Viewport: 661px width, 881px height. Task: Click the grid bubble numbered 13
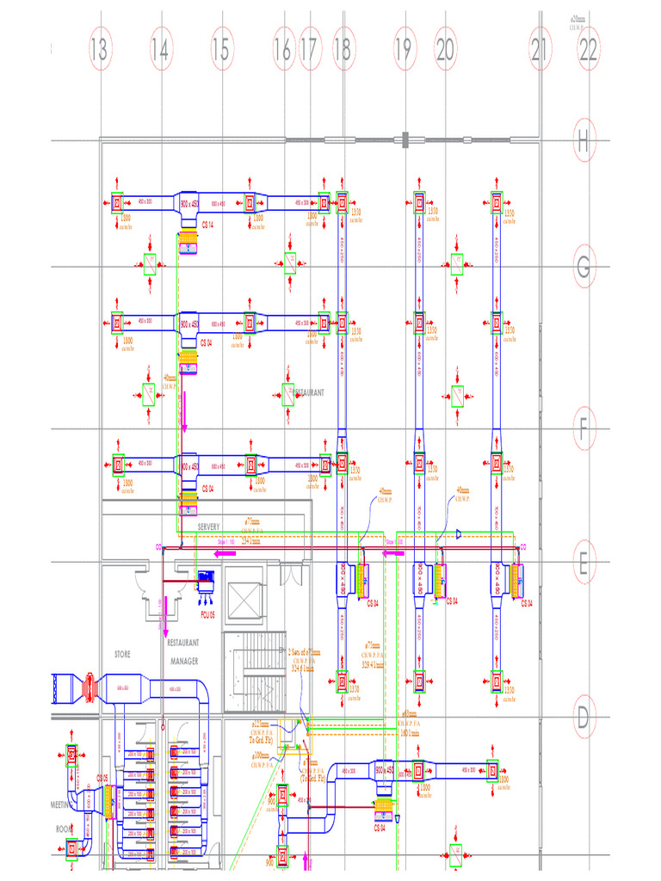click(99, 49)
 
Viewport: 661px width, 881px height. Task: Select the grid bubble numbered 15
click(221, 49)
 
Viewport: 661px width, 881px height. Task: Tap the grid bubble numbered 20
click(445, 49)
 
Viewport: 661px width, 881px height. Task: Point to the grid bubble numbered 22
click(588, 49)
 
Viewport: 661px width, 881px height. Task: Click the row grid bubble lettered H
click(584, 141)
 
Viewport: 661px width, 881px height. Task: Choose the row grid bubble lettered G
click(584, 268)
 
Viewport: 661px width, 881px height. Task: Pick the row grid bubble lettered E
click(584, 564)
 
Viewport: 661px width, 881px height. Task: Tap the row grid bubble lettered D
click(584, 717)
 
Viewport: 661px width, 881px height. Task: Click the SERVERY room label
click(210, 527)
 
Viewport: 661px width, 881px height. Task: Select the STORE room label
click(122, 654)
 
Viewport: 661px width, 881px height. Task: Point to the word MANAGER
click(183, 661)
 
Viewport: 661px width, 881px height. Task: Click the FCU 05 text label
click(207, 615)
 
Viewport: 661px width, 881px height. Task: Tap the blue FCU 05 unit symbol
click(207, 582)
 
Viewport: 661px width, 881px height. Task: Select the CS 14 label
click(207, 225)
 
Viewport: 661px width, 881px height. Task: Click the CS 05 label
click(102, 778)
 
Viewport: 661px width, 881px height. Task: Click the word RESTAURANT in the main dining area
click(307, 392)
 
